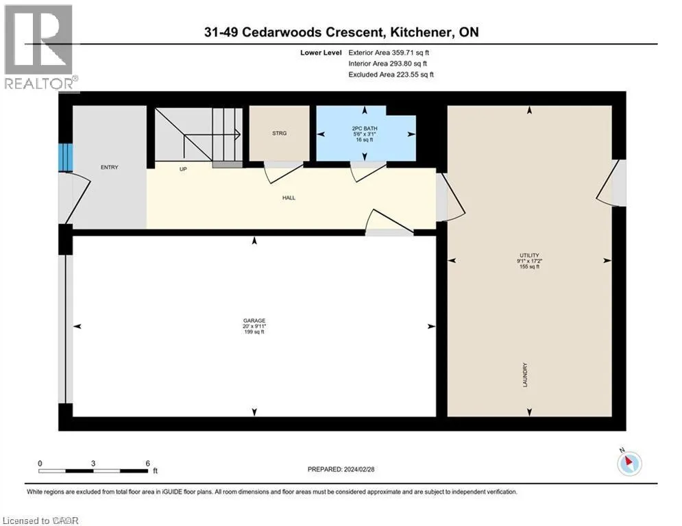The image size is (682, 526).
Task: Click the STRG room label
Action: [279, 133]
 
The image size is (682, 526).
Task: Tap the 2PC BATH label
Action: [365, 128]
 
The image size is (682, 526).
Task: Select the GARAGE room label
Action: [254, 321]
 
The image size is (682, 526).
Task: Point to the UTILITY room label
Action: [529, 255]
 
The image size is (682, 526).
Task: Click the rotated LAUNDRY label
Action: [525, 375]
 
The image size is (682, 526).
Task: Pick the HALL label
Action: [289, 198]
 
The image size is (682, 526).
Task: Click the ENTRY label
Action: [109, 167]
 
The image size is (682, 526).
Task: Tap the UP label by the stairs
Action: [183, 169]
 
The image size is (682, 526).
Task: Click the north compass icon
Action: [629, 462]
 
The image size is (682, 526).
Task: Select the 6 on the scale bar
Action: [148, 464]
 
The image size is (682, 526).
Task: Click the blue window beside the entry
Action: [66, 158]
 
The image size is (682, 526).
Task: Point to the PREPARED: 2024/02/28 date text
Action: [341, 469]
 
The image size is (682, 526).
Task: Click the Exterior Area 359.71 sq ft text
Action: [389, 53]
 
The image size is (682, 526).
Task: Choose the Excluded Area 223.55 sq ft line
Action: [391, 75]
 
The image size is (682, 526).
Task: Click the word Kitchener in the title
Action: [418, 32]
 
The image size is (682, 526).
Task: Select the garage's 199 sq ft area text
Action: [254, 332]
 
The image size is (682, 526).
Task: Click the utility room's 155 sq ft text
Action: [529, 266]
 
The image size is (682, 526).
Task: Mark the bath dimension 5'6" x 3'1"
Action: [365, 134]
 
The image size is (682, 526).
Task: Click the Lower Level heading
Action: [321, 53]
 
